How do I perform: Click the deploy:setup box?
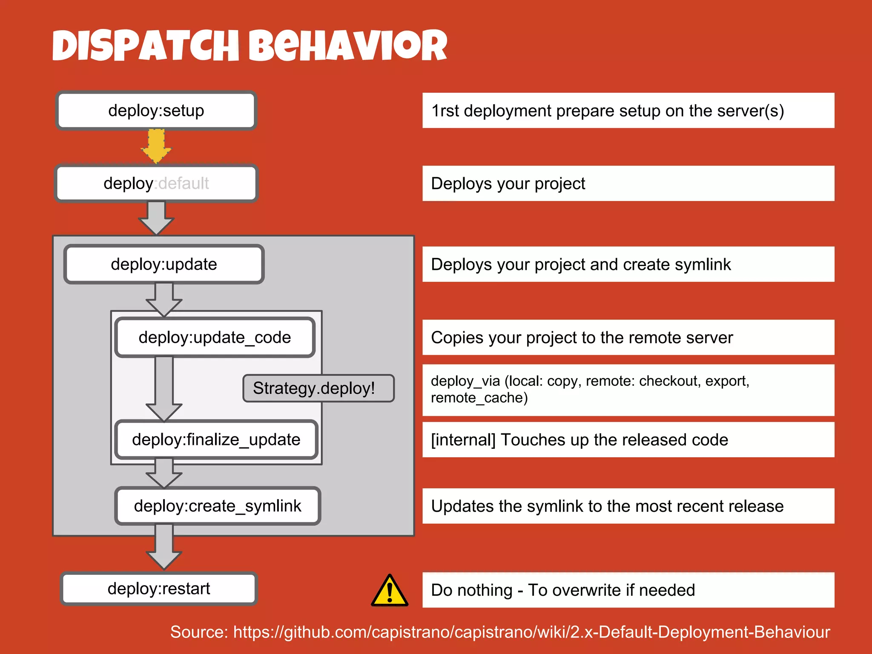click(x=156, y=111)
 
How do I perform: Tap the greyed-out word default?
click(x=184, y=184)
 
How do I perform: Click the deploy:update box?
click(x=164, y=264)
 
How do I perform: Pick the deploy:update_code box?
click(x=215, y=338)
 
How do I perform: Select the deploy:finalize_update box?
click(x=216, y=440)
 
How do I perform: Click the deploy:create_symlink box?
click(x=218, y=506)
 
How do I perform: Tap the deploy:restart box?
click(x=159, y=589)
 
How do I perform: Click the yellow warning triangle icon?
click(x=390, y=591)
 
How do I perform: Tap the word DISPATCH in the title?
click(x=146, y=46)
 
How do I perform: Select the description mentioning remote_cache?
click(x=590, y=389)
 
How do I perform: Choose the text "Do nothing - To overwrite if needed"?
click(x=563, y=590)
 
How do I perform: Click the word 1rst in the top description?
click(x=445, y=111)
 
